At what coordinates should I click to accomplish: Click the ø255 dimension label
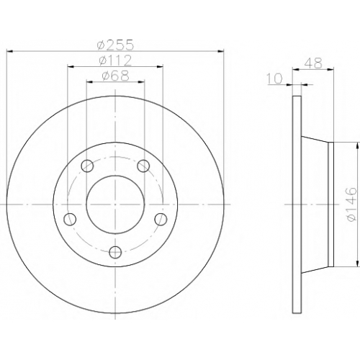[115, 45]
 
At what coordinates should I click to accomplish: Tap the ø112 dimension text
[115, 60]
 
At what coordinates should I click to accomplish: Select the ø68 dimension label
[115, 76]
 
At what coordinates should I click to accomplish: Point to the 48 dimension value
[313, 63]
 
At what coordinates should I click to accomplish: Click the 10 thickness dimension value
[274, 78]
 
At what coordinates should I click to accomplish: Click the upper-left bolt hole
[87, 166]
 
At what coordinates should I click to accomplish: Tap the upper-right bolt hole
[143, 166]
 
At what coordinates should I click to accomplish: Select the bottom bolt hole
[115, 252]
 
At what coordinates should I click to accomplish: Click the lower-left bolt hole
[70, 219]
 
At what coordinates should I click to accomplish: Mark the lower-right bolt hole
[161, 219]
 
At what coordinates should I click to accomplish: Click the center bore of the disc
[115, 204]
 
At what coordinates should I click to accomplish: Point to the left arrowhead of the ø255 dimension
[9, 51]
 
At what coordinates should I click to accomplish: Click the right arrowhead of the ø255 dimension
[221, 51]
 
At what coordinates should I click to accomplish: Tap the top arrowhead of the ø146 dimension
[358, 145]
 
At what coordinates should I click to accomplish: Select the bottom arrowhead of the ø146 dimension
[358, 264]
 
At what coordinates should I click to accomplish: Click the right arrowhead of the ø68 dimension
[142, 82]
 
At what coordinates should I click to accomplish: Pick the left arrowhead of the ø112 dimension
[71, 66]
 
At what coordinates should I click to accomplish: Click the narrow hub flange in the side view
[330, 204]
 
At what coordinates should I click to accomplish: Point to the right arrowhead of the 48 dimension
[330, 70]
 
